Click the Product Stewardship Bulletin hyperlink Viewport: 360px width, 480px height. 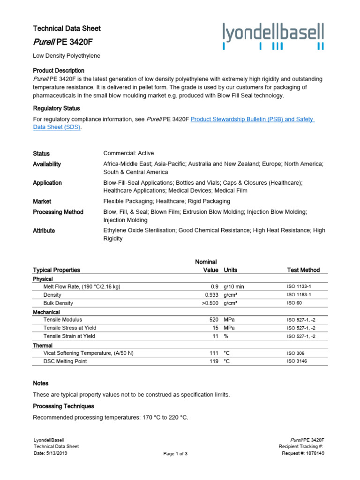point(252,120)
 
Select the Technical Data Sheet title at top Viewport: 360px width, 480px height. point(67,29)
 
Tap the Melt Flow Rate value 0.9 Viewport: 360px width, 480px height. point(214,286)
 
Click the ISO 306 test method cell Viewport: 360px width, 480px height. point(296,353)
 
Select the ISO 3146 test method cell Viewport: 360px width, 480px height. point(298,361)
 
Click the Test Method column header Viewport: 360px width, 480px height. point(303,270)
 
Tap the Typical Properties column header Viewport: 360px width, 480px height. point(56,270)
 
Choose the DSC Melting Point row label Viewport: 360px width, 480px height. point(65,361)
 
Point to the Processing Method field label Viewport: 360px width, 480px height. point(58,212)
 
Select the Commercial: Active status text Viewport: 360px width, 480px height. point(128,153)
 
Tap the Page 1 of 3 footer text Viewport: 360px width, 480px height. point(175,454)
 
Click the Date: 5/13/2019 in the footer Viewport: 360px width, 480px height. point(51,453)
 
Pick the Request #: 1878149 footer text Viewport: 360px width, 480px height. point(303,453)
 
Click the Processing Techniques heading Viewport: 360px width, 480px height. point(63,406)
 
